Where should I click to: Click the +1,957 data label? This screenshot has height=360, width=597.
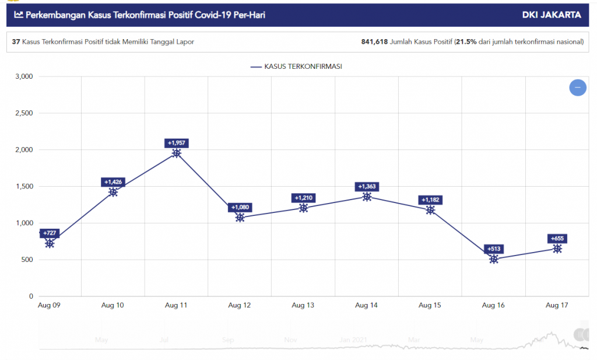click(177, 143)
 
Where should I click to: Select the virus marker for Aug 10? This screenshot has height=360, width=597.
click(113, 192)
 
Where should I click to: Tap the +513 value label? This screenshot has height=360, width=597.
click(494, 249)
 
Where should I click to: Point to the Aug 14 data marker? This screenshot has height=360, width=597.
click(367, 197)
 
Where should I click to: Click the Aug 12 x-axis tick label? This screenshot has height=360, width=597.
click(240, 305)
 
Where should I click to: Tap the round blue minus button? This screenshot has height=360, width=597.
click(577, 88)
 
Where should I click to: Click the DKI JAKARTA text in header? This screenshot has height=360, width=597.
click(552, 15)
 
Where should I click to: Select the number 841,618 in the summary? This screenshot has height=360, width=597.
click(374, 42)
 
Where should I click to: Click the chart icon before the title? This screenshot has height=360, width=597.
click(19, 15)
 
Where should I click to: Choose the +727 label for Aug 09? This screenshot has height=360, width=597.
click(50, 233)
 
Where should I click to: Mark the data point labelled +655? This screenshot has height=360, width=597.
click(557, 249)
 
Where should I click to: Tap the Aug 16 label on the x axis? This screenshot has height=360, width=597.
click(494, 305)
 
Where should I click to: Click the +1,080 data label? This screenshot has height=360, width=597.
click(240, 207)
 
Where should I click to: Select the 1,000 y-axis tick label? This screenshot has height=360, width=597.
click(23, 223)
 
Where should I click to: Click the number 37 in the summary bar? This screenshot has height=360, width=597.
click(16, 42)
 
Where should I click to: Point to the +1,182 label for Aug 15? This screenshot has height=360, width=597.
click(430, 200)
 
